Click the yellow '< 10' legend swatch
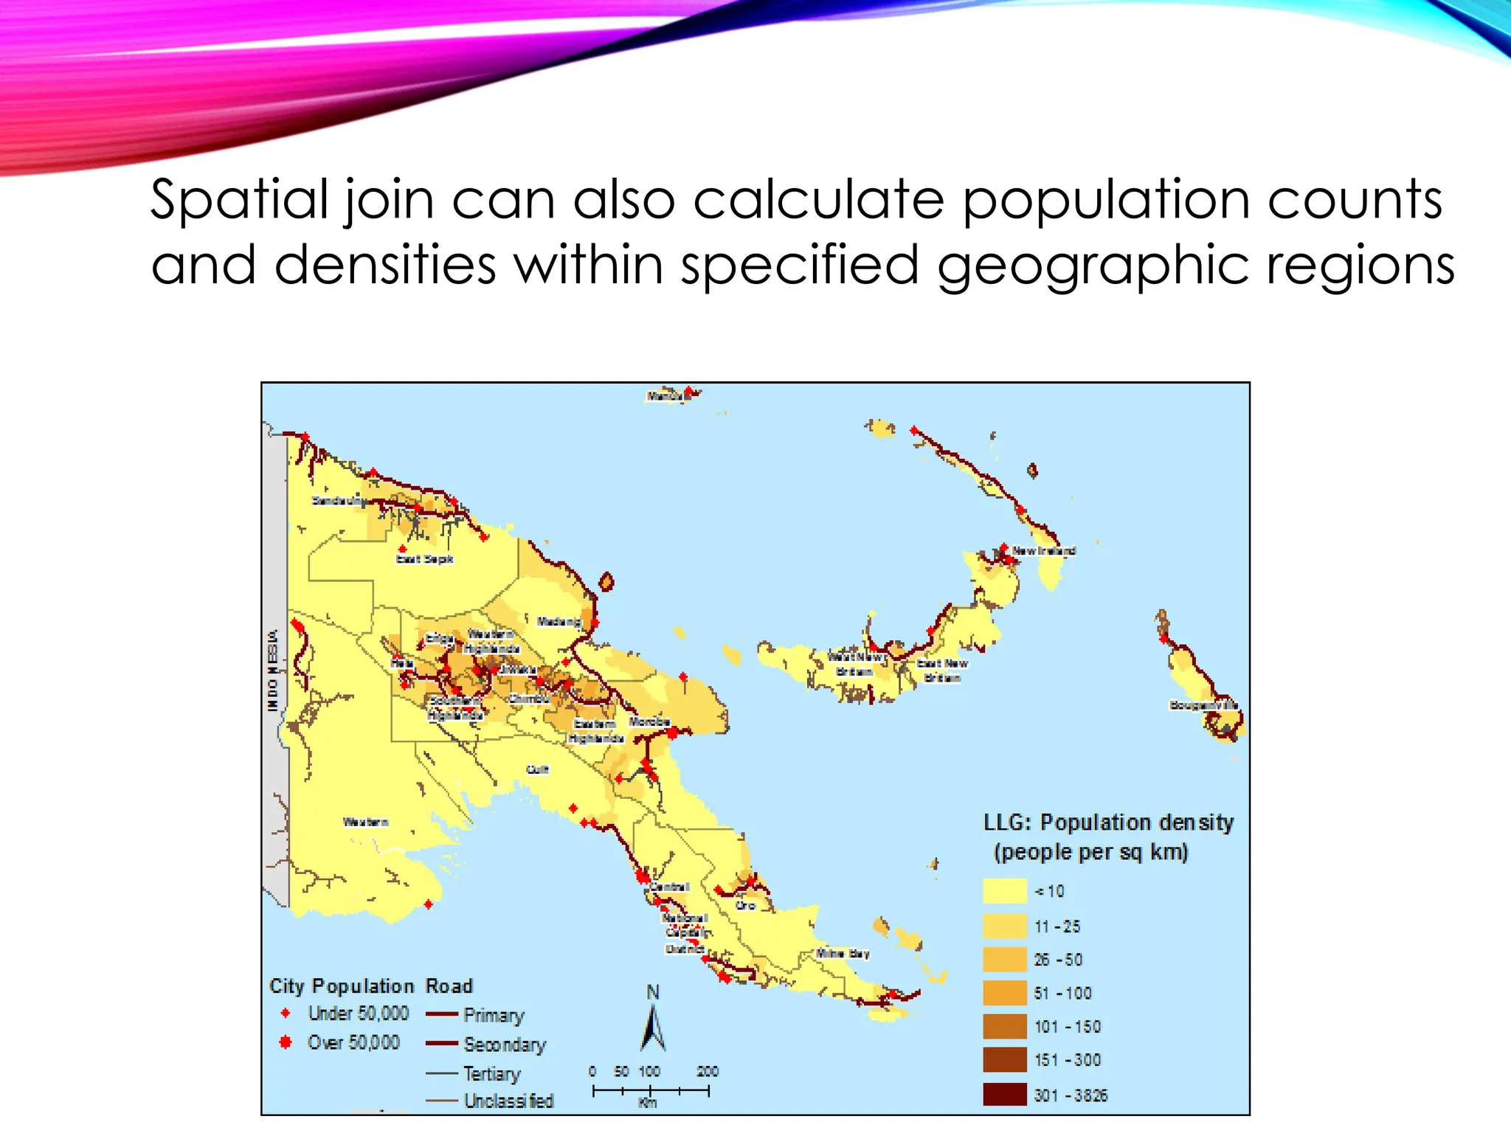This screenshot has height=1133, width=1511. coord(1004,891)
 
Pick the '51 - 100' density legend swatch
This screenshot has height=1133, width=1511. coord(1004,993)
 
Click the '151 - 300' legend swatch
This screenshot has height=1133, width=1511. coord(1004,1060)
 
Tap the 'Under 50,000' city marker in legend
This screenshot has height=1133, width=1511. coord(286,1014)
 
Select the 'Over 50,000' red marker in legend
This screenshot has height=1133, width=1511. coord(286,1042)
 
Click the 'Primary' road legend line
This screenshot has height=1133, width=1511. coord(442,1015)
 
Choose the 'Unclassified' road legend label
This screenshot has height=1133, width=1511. coord(508,1101)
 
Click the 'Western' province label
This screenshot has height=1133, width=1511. coord(365,822)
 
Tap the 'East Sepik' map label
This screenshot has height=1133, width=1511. coord(424,559)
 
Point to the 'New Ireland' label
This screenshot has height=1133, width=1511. coord(1043,550)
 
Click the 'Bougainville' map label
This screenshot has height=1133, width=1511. coord(1203,705)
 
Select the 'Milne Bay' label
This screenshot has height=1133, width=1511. coord(842,953)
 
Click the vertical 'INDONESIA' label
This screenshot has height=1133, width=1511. coord(273,670)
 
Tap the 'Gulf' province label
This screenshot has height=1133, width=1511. coord(537,769)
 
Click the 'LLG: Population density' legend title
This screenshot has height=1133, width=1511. coord(1108,822)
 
